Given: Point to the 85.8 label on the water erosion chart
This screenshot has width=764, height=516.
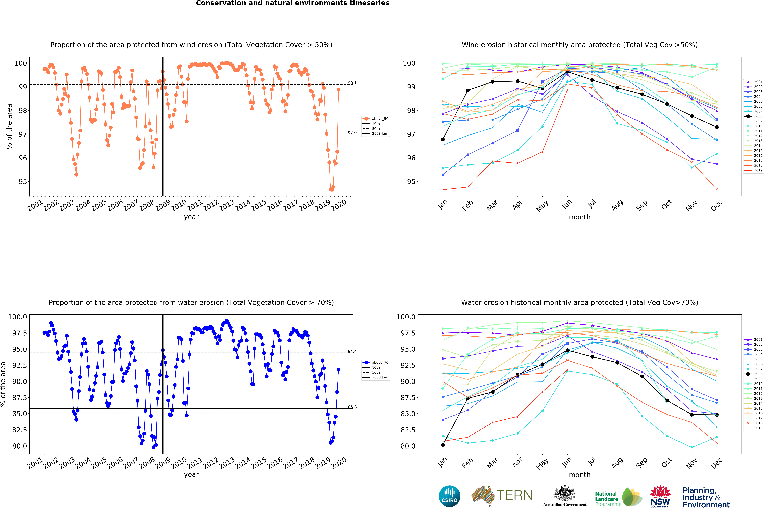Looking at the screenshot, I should [x=352, y=407].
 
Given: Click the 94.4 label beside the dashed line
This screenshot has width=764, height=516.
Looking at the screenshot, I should [x=352, y=351].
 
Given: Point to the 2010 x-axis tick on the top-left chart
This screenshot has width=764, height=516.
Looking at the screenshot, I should [x=179, y=205].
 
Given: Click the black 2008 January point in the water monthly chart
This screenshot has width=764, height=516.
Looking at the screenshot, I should [x=443, y=445].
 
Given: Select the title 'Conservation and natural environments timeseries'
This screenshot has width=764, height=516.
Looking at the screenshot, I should [x=293, y=3].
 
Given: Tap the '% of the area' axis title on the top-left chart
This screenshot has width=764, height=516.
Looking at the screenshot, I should [x=9, y=127].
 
